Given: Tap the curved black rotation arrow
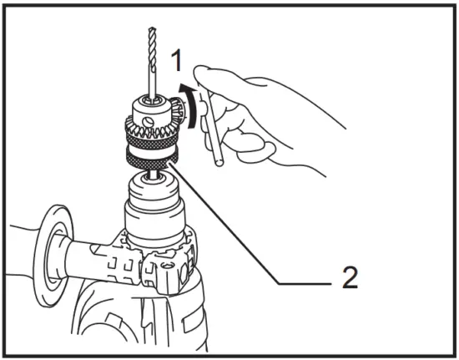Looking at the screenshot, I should (x=193, y=104).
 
